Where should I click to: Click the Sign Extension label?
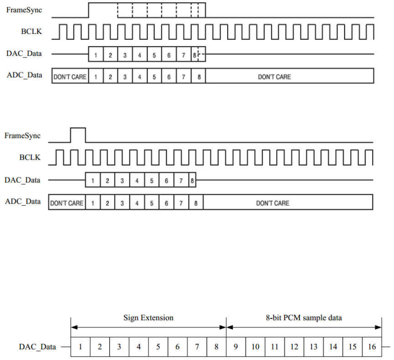[148, 318]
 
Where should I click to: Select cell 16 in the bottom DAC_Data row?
[372, 347]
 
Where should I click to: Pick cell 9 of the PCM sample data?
[236, 347]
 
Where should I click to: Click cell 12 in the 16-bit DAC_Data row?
[294, 347]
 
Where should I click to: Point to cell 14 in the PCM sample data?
[333, 347]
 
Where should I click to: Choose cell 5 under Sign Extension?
[158, 347]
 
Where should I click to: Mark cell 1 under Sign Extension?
[80, 347]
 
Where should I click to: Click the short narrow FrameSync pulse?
[78, 135]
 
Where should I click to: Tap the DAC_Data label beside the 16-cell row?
[37, 347]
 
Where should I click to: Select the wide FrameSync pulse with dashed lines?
[147, 10]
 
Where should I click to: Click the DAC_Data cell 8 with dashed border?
[198, 54]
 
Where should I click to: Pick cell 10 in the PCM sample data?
[255, 347]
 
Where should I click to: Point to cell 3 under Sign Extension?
[119, 347]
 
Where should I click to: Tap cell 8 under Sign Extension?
[216, 347]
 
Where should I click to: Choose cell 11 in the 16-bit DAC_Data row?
[274, 347]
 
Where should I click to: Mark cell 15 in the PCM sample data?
[352, 347]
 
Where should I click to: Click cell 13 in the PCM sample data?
[313, 347]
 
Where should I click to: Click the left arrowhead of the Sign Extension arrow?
[74, 327]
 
